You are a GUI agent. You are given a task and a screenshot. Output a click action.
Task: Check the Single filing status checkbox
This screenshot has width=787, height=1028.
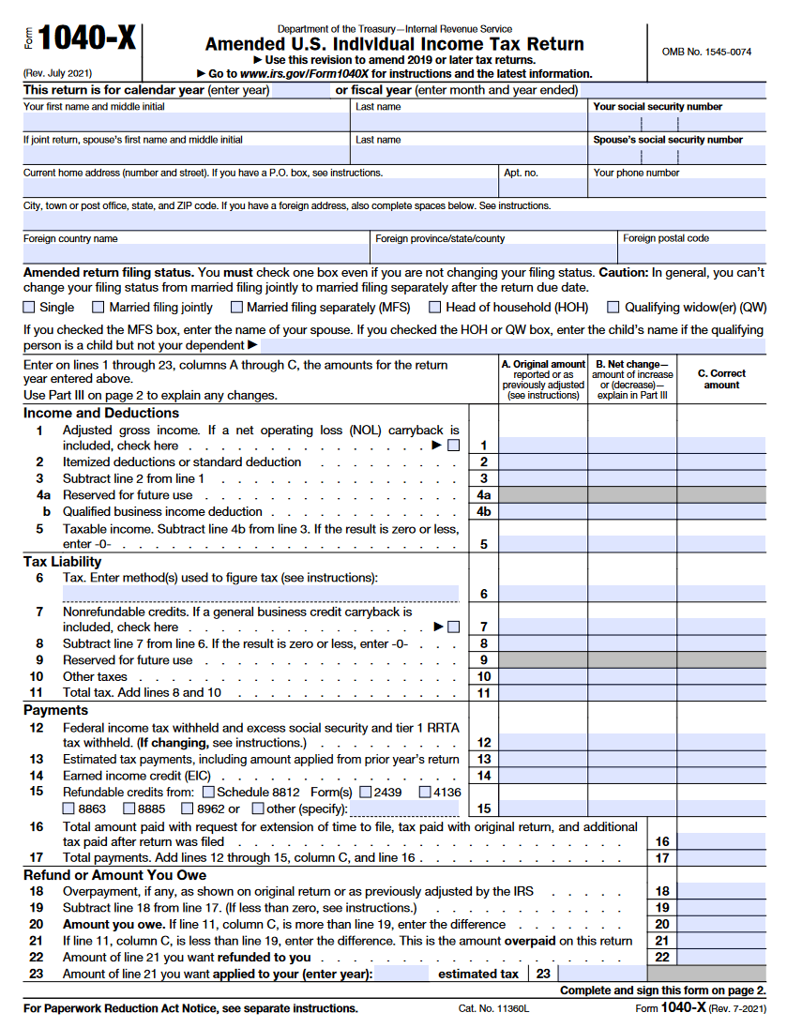(x=29, y=308)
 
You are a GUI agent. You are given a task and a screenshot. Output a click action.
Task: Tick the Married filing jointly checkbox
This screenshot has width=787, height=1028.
(x=98, y=308)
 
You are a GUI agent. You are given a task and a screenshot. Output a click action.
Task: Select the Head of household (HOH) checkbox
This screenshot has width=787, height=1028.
(x=435, y=308)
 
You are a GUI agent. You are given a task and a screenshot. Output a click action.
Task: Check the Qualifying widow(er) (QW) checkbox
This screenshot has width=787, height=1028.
(x=613, y=308)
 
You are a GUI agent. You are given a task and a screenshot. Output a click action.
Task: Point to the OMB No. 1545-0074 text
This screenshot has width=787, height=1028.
(x=706, y=52)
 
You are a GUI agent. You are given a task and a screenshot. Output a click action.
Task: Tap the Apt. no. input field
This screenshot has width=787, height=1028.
(x=542, y=189)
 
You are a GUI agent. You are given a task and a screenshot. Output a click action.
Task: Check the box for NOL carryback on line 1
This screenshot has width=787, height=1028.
(x=454, y=446)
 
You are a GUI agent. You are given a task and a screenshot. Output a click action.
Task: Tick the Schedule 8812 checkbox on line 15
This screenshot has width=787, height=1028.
(x=208, y=793)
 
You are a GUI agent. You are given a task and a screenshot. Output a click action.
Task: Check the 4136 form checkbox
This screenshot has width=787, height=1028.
(x=425, y=793)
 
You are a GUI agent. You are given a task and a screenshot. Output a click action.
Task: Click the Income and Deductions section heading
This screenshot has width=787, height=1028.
(x=101, y=413)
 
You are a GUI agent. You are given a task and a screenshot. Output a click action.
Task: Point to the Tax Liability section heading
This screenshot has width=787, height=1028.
(x=63, y=562)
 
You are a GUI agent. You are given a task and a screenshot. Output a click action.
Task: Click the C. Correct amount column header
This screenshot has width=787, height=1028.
(x=721, y=379)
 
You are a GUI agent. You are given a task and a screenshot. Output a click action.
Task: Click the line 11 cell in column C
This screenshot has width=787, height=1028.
(x=721, y=693)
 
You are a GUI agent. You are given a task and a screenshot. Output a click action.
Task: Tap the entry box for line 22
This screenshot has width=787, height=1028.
(x=721, y=957)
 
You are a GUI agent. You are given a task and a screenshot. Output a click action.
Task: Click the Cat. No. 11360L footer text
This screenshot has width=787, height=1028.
(x=494, y=1009)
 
